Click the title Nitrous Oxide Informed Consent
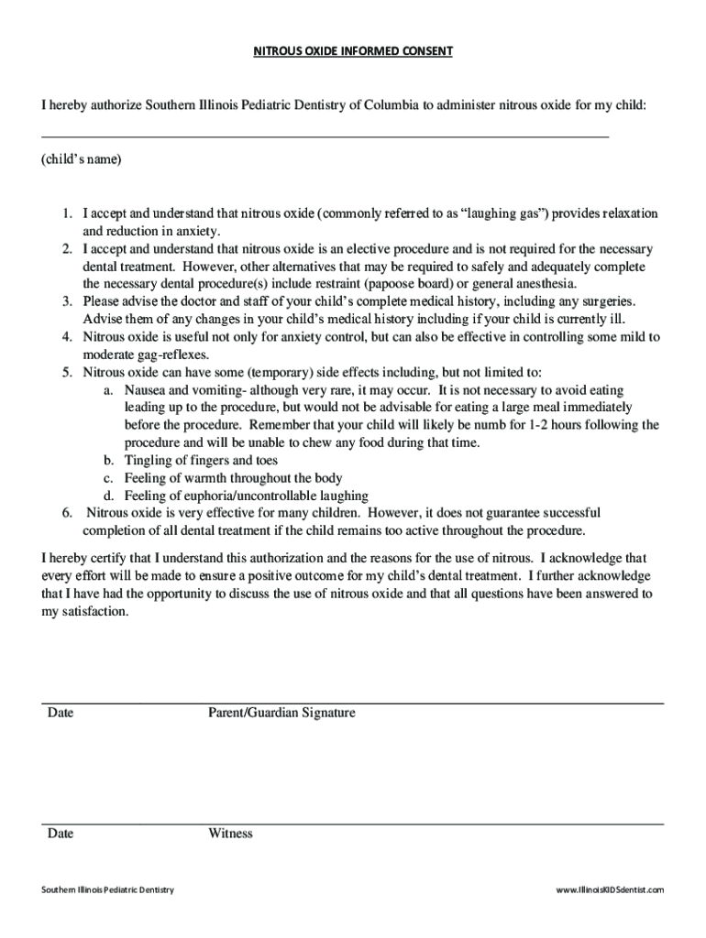click(353, 51)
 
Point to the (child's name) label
click(81, 159)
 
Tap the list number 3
click(67, 301)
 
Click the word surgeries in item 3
click(607, 301)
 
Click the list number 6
click(67, 513)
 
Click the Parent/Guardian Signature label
click(281, 713)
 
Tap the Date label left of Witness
click(61, 834)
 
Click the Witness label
click(230, 834)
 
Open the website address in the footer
click(610, 890)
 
